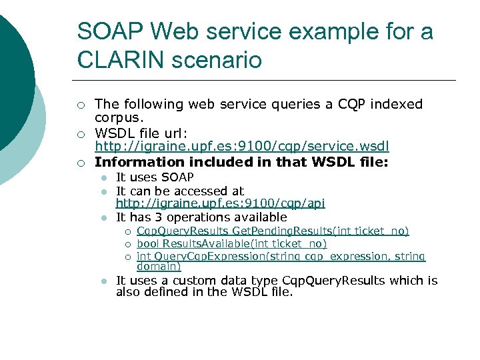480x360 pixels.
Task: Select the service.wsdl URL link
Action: point(242,146)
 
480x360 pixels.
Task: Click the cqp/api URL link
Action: point(220,203)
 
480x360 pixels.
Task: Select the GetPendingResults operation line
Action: point(273,231)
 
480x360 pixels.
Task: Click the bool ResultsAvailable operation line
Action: point(231,244)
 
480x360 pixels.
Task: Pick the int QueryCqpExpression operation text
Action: point(281,257)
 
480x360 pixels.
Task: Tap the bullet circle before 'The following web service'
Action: point(80,105)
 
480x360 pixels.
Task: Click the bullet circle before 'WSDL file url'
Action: point(80,134)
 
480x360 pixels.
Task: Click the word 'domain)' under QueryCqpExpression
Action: point(158,266)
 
